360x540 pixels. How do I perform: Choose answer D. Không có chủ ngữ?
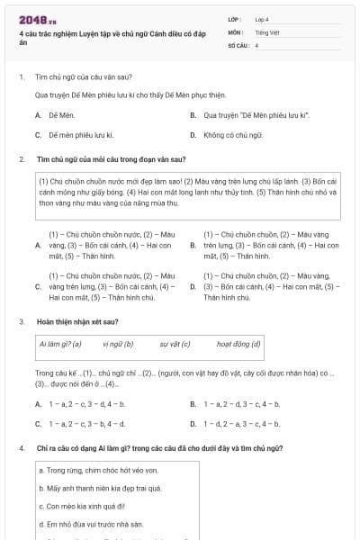[x=233, y=135]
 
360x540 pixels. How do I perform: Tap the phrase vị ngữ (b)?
[x=118, y=344]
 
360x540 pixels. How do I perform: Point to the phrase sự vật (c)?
[x=175, y=344]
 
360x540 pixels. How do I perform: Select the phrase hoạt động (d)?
[x=238, y=344]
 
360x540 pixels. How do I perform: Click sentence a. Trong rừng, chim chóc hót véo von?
[x=85, y=470]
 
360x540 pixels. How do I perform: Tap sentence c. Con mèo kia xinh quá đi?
[x=74, y=506]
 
